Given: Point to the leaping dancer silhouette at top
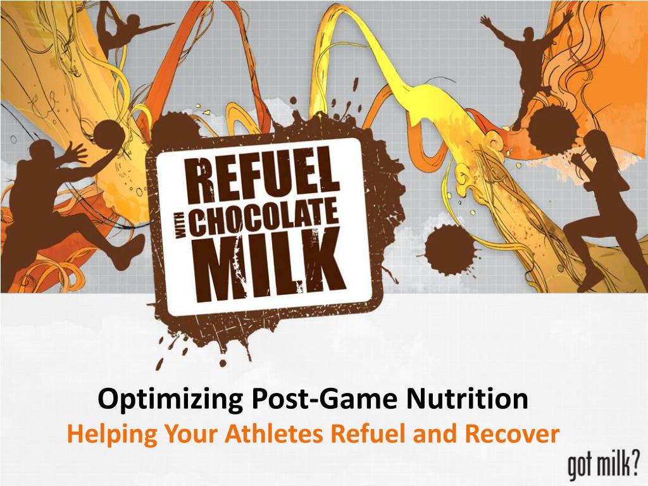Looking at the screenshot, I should tap(130, 28).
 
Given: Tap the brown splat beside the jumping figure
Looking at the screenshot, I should tap(549, 130).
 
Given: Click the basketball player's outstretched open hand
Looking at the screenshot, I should tap(76, 153).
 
